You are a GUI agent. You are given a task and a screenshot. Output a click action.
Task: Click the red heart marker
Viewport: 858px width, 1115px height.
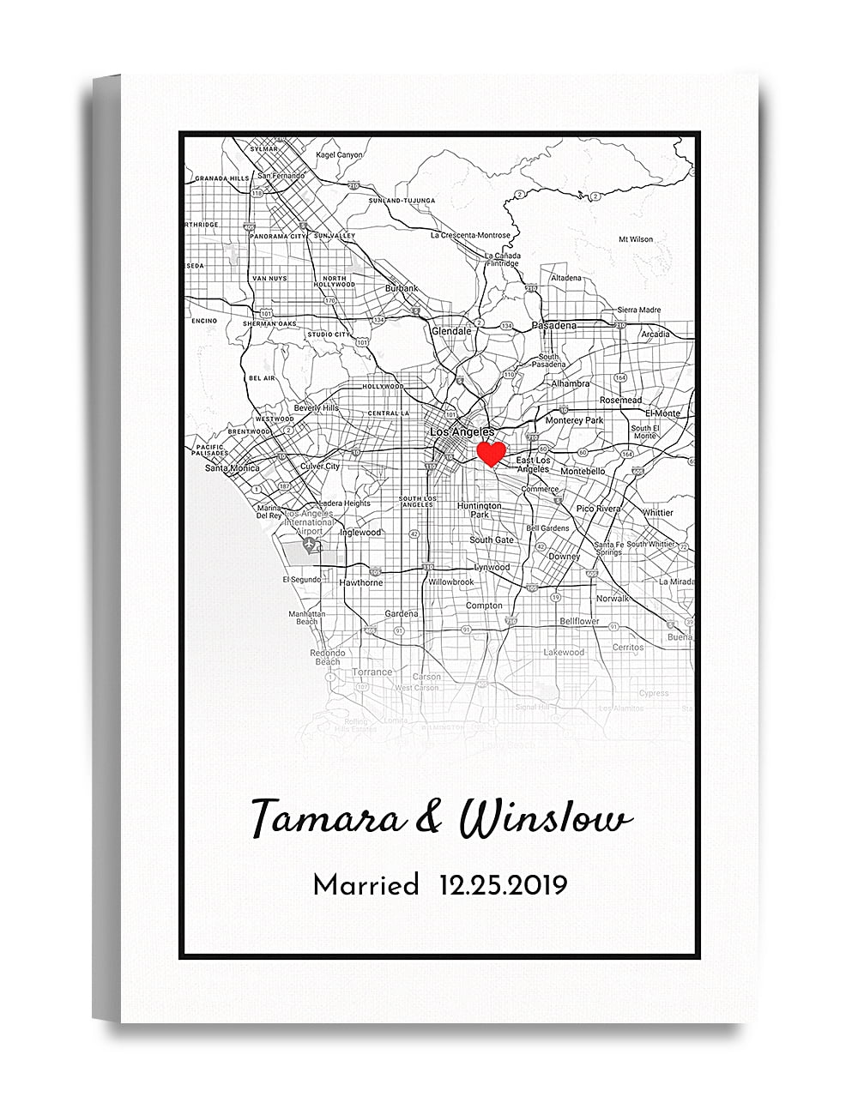click(491, 453)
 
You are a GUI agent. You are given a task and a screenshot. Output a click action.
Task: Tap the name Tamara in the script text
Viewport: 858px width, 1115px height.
click(325, 818)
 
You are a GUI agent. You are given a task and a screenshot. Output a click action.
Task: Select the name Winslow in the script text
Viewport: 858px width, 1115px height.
click(546, 820)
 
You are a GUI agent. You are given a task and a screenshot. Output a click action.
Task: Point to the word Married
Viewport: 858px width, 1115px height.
click(366, 884)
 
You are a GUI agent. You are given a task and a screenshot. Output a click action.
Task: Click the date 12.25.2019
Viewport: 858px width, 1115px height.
click(503, 884)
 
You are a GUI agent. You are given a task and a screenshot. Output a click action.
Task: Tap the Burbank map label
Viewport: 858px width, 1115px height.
click(402, 288)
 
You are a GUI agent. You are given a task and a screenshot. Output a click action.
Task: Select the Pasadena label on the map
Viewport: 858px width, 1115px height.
click(554, 325)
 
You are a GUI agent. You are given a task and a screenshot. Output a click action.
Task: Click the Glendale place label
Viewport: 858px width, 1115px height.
click(451, 330)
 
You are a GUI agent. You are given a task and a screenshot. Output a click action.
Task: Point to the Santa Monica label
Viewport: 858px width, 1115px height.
click(232, 468)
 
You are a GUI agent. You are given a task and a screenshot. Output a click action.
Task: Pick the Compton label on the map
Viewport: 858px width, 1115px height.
click(484, 606)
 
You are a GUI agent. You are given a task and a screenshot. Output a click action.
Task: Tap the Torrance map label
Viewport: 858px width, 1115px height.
click(372, 672)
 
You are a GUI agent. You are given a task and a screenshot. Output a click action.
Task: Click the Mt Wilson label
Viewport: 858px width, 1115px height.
click(636, 239)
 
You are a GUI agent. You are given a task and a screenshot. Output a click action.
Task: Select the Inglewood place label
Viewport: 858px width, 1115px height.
click(360, 533)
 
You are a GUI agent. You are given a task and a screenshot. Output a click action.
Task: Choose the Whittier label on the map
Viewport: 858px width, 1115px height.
click(657, 513)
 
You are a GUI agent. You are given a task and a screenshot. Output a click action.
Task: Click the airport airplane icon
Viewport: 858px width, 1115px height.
click(306, 545)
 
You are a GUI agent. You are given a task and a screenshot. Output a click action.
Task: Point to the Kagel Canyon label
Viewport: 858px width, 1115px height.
click(339, 155)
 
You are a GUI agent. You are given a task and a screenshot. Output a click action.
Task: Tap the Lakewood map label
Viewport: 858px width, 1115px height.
click(564, 652)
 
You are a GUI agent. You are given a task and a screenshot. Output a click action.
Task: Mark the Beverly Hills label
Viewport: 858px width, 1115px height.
click(316, 408)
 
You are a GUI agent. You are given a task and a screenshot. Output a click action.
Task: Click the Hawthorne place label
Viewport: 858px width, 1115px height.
click(360, 582)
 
